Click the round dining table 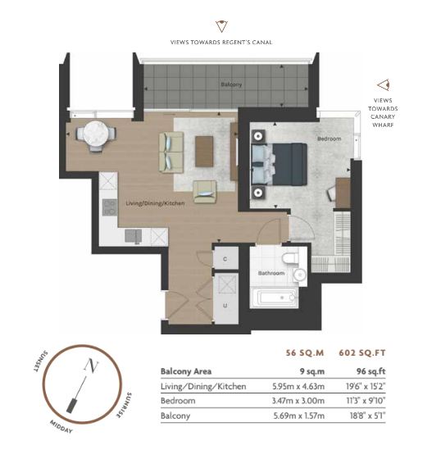click(x=96, y=134)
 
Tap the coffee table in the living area click(x=204, y=152)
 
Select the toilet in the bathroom click(x=290, y=258)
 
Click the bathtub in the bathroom click(x=275, y=298)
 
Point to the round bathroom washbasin click(x=300, y=275)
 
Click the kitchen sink click(x=133, y=236)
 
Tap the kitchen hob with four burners click(x=110, y=207)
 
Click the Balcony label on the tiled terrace click(x=231, y=84)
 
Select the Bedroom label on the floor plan click(x=329, y=139)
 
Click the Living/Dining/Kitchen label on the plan click(x=155, y=203)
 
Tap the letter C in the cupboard click(x=225, y=259)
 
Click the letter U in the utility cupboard click(x=225, y=306)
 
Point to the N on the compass click(x=91, y=366)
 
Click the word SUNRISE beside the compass click(x=124, y=405)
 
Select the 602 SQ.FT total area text click(x=362, y=352)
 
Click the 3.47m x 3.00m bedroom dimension click(x=298, y=401)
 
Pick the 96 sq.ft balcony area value click(x=371, y=371)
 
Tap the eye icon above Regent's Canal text click(x=221, y=26)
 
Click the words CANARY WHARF click(x=383, y=120)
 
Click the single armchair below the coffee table click(x=205, y=192)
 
